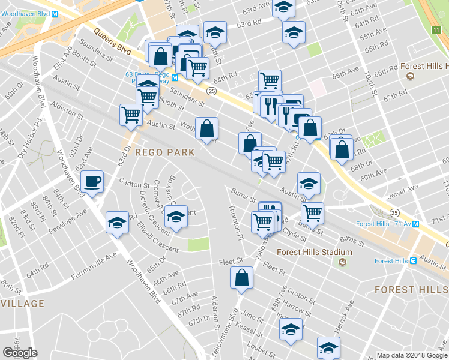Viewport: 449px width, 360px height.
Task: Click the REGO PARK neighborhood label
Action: (164, 152)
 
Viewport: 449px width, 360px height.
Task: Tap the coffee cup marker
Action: (92, 181)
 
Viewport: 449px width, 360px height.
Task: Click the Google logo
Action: (20, 353)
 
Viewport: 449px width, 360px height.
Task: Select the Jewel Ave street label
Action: (404, 189)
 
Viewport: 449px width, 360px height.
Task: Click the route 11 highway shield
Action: (436, 29)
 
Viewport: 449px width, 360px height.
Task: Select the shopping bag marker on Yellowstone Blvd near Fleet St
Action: (241, 278)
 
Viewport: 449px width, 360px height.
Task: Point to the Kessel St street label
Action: (264, 329)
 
